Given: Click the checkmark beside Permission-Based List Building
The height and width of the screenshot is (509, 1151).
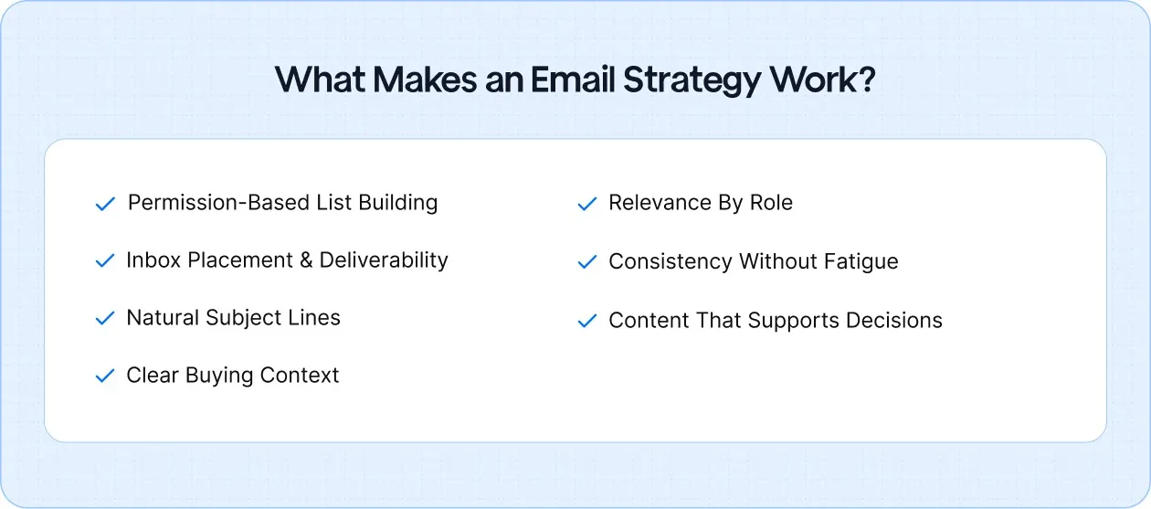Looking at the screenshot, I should pos(105,204).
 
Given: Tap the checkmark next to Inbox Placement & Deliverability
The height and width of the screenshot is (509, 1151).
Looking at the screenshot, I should pos(105,261).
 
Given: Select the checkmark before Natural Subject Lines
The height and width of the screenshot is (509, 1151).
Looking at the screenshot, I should pos(105,319).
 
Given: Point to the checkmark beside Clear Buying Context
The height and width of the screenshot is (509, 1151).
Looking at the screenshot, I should pos(105,376).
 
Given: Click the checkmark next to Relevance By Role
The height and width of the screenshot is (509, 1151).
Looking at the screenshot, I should pos(587,204).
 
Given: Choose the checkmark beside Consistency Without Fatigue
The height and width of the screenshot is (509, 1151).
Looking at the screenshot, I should pos(587,262).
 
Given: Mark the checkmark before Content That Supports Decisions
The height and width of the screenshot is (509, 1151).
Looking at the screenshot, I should pos(587,322).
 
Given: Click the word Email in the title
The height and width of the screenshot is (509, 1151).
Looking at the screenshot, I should pos(572,80).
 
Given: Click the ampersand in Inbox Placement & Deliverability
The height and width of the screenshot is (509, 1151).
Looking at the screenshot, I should pos(307,260).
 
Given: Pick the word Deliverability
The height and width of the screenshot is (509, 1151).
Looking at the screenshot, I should pos(384,260).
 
